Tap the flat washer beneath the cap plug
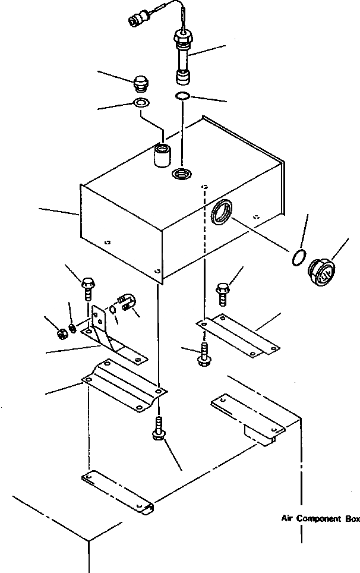coord(141,103)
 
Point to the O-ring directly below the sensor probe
coord(183,96)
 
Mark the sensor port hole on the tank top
coord(181,174)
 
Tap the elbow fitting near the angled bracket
coord(127,303)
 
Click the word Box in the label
coord(352,519)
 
